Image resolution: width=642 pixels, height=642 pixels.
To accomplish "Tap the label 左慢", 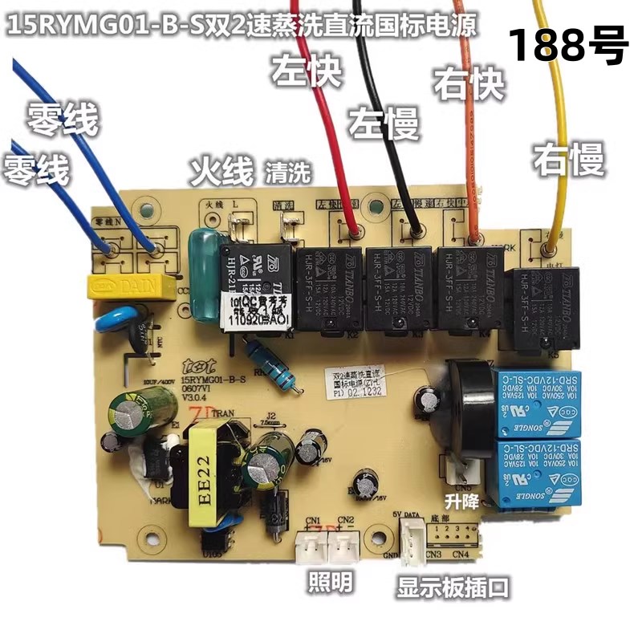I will point(383,124).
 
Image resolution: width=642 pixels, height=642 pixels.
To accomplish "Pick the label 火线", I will point(221,170).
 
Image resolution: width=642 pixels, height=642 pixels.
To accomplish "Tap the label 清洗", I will point(286,171).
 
